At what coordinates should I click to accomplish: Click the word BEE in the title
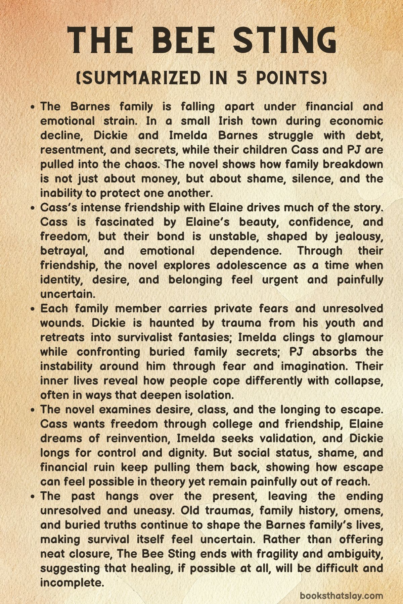point(184,41)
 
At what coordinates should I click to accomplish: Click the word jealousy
point(359,237)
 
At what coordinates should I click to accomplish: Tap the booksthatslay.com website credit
point(341,596)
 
